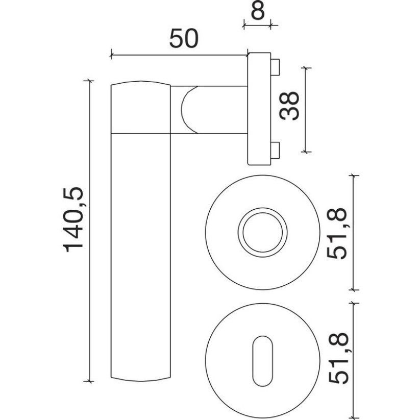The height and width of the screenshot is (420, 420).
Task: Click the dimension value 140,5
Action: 73,219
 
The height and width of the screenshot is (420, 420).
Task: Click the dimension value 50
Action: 184,39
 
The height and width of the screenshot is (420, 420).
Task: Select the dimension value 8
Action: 258,11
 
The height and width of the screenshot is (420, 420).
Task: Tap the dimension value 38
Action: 289,106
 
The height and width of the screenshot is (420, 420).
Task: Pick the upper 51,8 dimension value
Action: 337,234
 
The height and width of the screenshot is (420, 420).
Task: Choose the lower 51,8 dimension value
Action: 338,359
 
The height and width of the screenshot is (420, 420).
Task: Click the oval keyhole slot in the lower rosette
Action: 262,361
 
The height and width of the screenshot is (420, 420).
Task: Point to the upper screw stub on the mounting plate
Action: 276,67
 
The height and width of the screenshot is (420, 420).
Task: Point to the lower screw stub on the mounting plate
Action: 276,151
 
